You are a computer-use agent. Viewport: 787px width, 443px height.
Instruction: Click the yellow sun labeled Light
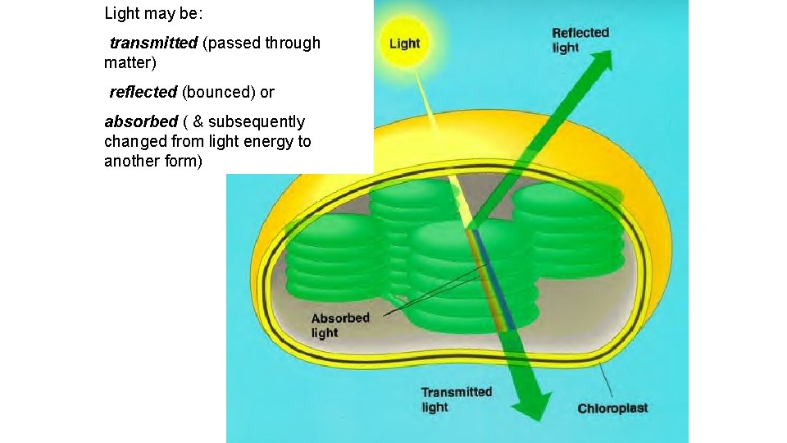point(404,43)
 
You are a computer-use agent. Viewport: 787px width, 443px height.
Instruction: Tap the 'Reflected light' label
point(580,40)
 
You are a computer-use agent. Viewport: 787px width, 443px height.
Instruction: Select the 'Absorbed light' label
point(340,325)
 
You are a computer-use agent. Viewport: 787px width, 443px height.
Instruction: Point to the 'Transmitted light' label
point(456,400)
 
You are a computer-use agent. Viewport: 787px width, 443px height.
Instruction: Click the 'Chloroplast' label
point(612,409)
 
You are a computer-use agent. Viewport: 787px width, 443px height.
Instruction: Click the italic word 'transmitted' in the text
point(153,43)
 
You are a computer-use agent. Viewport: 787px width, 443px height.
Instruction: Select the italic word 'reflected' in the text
point(143,92)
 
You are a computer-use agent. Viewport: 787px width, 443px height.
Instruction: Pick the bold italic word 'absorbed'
point(140,121)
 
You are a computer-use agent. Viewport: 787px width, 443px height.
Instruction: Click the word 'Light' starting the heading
point(122,13)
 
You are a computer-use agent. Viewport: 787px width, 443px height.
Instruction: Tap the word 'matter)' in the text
point(130,62)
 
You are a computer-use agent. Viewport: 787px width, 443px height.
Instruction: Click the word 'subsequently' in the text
point(256,121)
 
